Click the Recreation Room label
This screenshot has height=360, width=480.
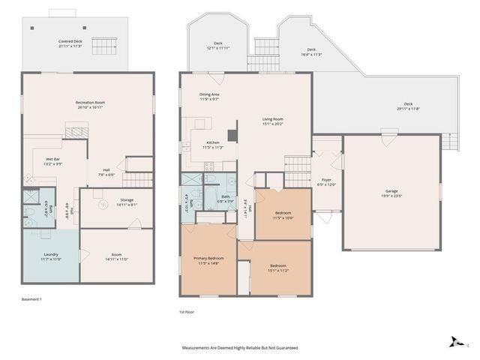(89, 102)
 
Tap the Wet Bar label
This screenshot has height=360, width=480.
(53, 159)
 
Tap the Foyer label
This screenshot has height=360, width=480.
(326, 180)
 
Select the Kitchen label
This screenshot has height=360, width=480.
(213, 142)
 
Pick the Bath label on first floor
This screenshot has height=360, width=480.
(225, 196)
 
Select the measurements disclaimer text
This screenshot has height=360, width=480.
(240, 348)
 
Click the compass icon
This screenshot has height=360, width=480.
(454, 342)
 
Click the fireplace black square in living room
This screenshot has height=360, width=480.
(232, 136)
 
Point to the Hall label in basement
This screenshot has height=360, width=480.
(106, 169)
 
